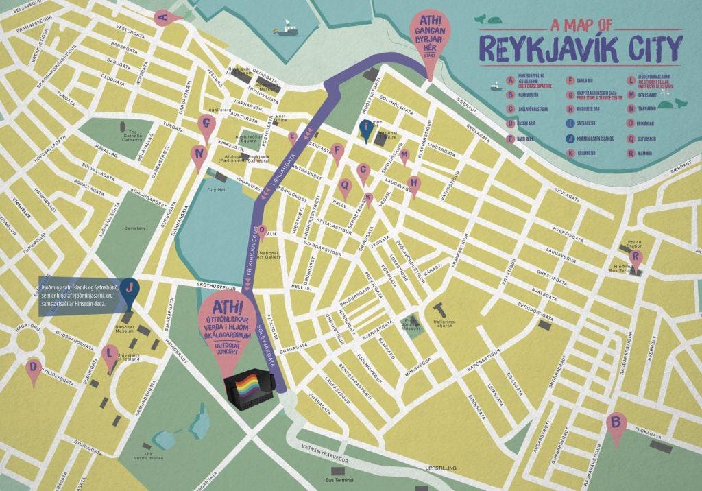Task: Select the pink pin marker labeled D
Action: click(x=33, y=368)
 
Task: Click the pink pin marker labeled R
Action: click(x=637, y=259)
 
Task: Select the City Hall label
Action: click(x=217, y=189)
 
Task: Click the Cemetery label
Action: click(x=134, y=228)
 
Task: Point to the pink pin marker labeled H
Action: click(x=413, y=183)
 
